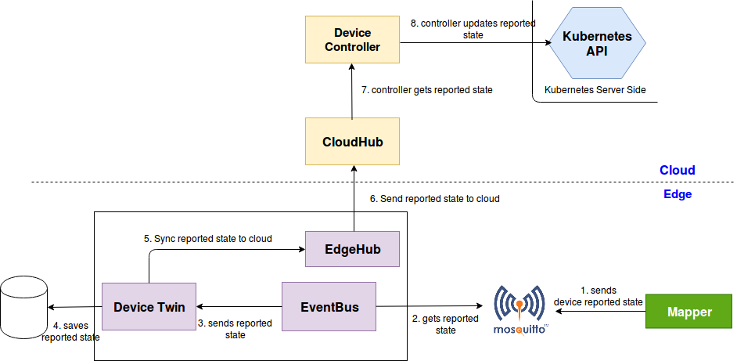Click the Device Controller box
(x=352, y=41)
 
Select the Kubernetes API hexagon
(x=597, y=44)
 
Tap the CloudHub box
(x=352, y=142)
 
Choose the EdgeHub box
(x=352, y=249)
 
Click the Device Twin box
(x=149, y=307)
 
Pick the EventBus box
(x=329, y=307)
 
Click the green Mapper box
(x=688, y=312)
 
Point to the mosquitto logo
(x=519, y=311)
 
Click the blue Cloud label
(x=677, y=171)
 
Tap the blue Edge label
(x=677, y=193)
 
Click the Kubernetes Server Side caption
(x=595, y=90)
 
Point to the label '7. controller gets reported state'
(x=427, y=90)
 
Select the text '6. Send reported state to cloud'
(x=434, y=199)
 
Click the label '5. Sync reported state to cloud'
(x=208, y=238)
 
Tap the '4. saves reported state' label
(x=70, y=332)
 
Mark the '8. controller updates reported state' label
(x=473, y=29)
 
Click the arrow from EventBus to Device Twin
(x=239, y=307)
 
